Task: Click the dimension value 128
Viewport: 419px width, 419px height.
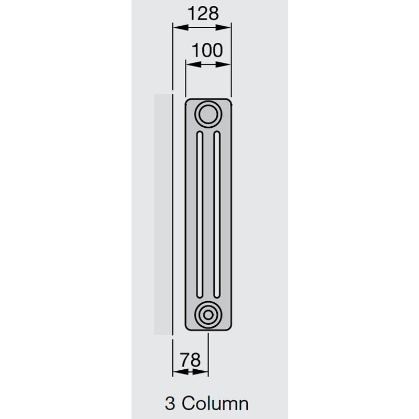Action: [x=202, y=13]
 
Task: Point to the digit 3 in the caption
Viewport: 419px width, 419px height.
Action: [x=170, y=404]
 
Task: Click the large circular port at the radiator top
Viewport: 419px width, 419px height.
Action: [x=208, y=113]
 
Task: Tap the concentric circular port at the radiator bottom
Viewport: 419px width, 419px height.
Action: [x=208, y=315]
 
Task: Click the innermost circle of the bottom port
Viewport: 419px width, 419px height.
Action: [x=208, y=315]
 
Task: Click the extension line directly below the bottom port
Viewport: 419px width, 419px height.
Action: [x=208, y=351]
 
